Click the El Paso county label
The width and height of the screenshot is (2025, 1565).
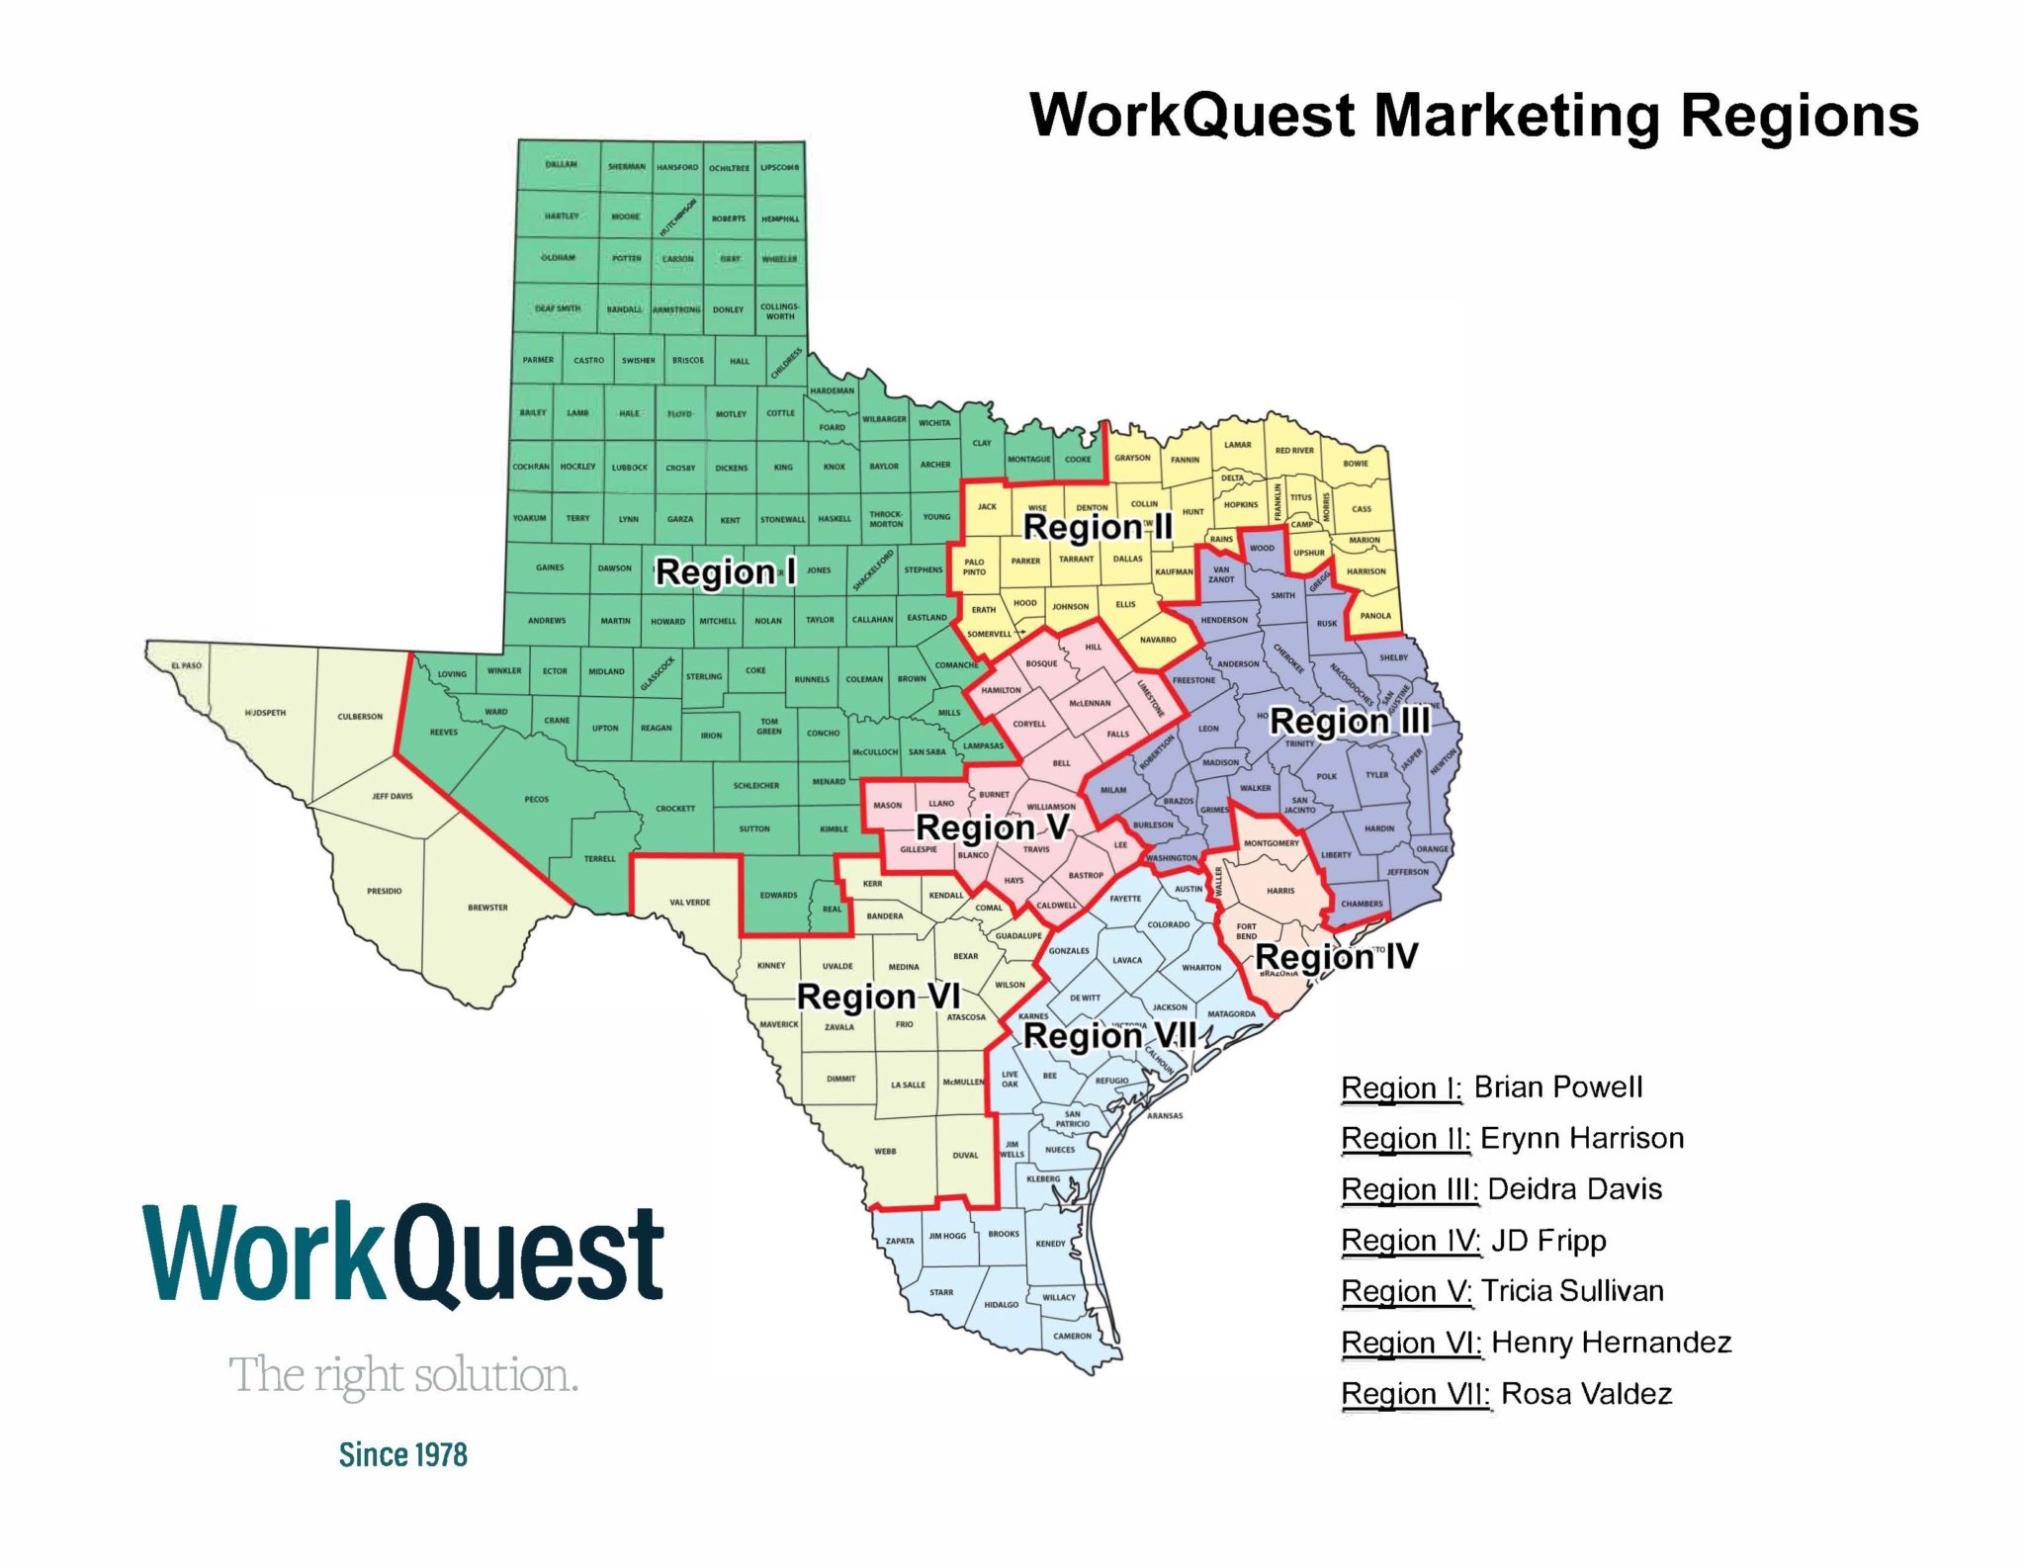coord(186,665)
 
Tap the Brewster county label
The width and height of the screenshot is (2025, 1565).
coord(487,907)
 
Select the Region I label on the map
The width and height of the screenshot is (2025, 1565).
coord(725,571)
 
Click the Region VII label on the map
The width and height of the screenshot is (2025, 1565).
coord(1109,1035)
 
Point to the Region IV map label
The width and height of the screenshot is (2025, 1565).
coord(1336,956)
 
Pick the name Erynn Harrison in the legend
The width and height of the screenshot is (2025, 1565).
coord(1581,1138)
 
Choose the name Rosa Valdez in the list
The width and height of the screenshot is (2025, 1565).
coord(1586,1393)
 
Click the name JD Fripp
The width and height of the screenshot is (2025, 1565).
coord(1548,1240)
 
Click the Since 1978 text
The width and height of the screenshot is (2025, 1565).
coord(402,1454)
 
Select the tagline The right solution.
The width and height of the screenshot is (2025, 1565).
coord(403,1375)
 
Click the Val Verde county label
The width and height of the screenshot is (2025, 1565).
coord(689,902)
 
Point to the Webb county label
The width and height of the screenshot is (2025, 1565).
coord(885,1151)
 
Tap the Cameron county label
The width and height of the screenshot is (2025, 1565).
coord(1072,1336)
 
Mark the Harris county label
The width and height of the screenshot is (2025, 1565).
coord(1280,890)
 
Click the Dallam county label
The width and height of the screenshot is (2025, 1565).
coord(561,164)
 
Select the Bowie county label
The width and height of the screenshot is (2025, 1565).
coord(1356,463)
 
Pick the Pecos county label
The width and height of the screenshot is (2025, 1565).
coord(536,799)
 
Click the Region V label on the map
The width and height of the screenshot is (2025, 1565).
coord(992,826)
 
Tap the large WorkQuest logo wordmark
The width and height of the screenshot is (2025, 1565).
coord(403,1254)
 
